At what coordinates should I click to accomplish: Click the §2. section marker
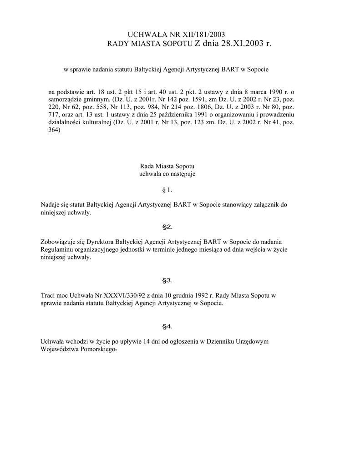click(x=167, y=227)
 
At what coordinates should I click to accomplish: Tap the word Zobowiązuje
click(x=59, y=242)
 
